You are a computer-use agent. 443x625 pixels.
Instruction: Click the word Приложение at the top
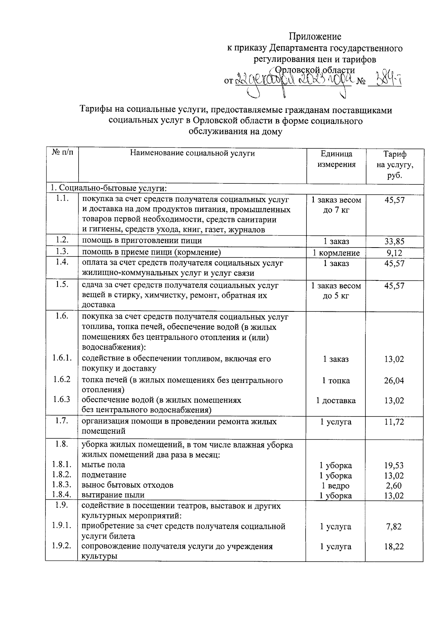coord(315,36)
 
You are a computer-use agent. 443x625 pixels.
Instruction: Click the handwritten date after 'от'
coord(293,79)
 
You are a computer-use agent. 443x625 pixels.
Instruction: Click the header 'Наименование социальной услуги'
coord(192,153)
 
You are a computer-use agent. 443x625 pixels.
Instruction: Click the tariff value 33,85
coord(394,242)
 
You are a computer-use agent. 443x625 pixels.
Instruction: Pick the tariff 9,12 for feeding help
coord(394,253)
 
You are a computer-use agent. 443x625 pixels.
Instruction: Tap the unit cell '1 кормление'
coord(336,253)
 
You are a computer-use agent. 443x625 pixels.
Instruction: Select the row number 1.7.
coord(61,421)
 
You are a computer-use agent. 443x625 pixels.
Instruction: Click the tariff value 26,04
coord(394,380)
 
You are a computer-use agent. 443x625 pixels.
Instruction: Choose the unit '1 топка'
coord(336,380)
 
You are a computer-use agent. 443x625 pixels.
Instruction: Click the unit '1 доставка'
coord(336,400)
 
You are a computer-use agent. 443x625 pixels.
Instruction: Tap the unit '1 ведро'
coord(336,486)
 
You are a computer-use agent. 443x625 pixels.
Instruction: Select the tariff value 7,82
coord(394,526)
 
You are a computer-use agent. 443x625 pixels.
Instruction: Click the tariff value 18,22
coord(394,546)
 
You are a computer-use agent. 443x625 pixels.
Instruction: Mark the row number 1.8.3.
coord(62,485)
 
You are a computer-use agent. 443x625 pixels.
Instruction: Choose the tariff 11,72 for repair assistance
coord(394,422)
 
